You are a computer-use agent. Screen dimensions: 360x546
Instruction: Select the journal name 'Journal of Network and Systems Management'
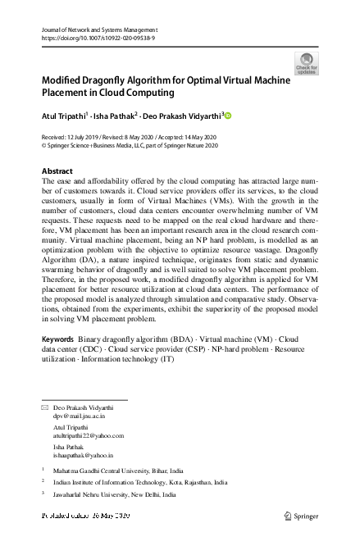[x=98, y=30]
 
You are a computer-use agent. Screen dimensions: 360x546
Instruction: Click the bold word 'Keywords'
[x=58, y=362]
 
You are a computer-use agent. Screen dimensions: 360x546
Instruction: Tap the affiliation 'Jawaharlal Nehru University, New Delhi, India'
[x=117, y=495]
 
